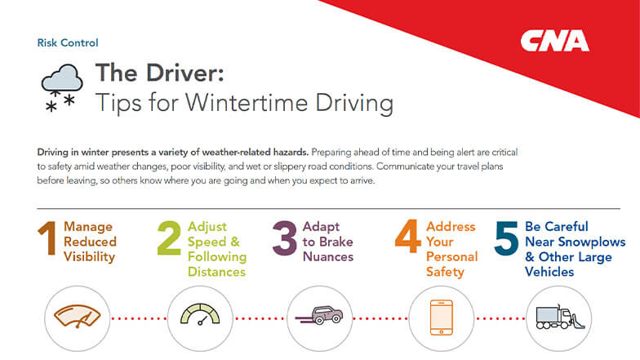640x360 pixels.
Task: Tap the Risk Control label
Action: [68, 42]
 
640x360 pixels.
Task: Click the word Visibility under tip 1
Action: [91, 256]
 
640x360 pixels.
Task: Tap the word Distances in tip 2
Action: [216, 271]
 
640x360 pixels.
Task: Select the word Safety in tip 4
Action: [445, 271]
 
